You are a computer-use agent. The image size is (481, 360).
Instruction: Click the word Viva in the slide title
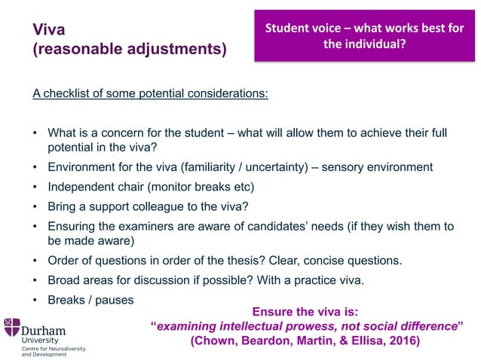click(x=49, y=30)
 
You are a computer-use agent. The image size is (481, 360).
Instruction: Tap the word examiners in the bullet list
click(x=167, y=226)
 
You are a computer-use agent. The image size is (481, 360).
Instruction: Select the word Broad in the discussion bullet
click(x=64, y=281)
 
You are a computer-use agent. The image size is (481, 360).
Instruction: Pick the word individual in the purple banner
click(x=375, y=44)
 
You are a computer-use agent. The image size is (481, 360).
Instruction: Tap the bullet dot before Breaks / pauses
click(x=35, y=300)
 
